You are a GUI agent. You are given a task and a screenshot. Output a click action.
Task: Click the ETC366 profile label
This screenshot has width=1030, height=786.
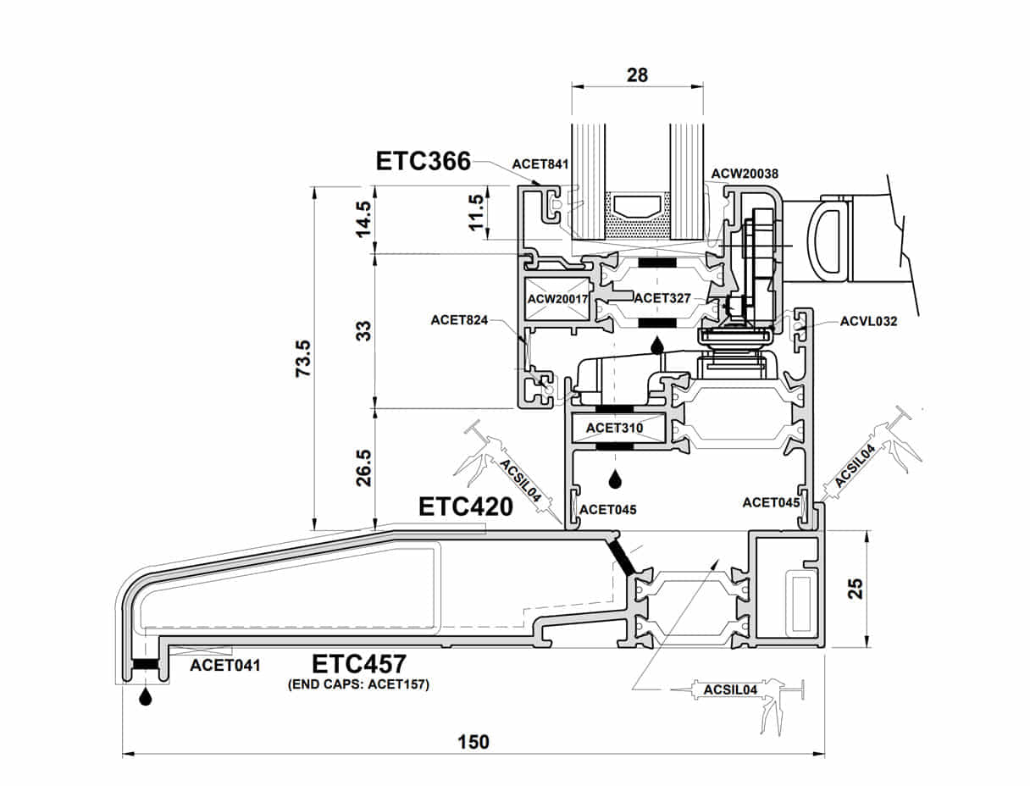pos(424,160)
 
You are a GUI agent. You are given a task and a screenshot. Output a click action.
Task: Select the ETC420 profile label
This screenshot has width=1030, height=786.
pos(466,506)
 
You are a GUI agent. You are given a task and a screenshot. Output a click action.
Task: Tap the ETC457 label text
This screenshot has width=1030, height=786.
pos(359,663)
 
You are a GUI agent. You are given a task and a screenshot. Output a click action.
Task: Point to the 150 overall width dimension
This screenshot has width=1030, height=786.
pos(473,742)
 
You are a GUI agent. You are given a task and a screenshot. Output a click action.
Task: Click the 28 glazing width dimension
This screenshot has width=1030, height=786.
pos(637,75)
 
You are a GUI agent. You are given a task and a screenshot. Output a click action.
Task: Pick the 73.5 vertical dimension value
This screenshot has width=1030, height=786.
pos(303,357)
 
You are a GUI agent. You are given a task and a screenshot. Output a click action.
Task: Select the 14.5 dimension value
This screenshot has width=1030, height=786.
pos(363,219)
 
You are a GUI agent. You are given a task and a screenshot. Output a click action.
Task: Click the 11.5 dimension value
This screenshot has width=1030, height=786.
pos(477,213)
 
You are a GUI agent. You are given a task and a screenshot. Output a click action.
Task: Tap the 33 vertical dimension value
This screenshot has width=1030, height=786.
pos(363,330)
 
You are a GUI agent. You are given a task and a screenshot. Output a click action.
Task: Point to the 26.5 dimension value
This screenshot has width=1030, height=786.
pos(363,468)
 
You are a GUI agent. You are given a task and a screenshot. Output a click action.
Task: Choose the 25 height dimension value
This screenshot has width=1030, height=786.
pos(856,589)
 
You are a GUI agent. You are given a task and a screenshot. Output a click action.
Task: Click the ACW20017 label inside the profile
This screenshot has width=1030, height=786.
pos(558,299)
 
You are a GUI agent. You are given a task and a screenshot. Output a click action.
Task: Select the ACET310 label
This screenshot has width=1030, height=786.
pos(614,428)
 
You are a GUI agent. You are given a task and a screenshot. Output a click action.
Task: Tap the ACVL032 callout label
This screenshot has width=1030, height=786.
pos(868,321)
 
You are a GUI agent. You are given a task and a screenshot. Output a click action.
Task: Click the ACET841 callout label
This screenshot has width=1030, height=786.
pos(540,164)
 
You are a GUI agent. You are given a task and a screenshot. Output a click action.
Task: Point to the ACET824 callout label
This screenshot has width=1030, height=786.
pos(459,319)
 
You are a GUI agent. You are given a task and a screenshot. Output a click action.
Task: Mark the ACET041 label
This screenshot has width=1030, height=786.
pos(224,665)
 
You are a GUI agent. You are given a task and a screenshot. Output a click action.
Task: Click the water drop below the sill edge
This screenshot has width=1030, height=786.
pos(146,697)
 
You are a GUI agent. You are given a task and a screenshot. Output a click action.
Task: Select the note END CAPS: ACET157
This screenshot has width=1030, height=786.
pos(359,684)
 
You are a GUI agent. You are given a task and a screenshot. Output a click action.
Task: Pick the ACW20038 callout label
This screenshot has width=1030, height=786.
pos(745,174)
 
